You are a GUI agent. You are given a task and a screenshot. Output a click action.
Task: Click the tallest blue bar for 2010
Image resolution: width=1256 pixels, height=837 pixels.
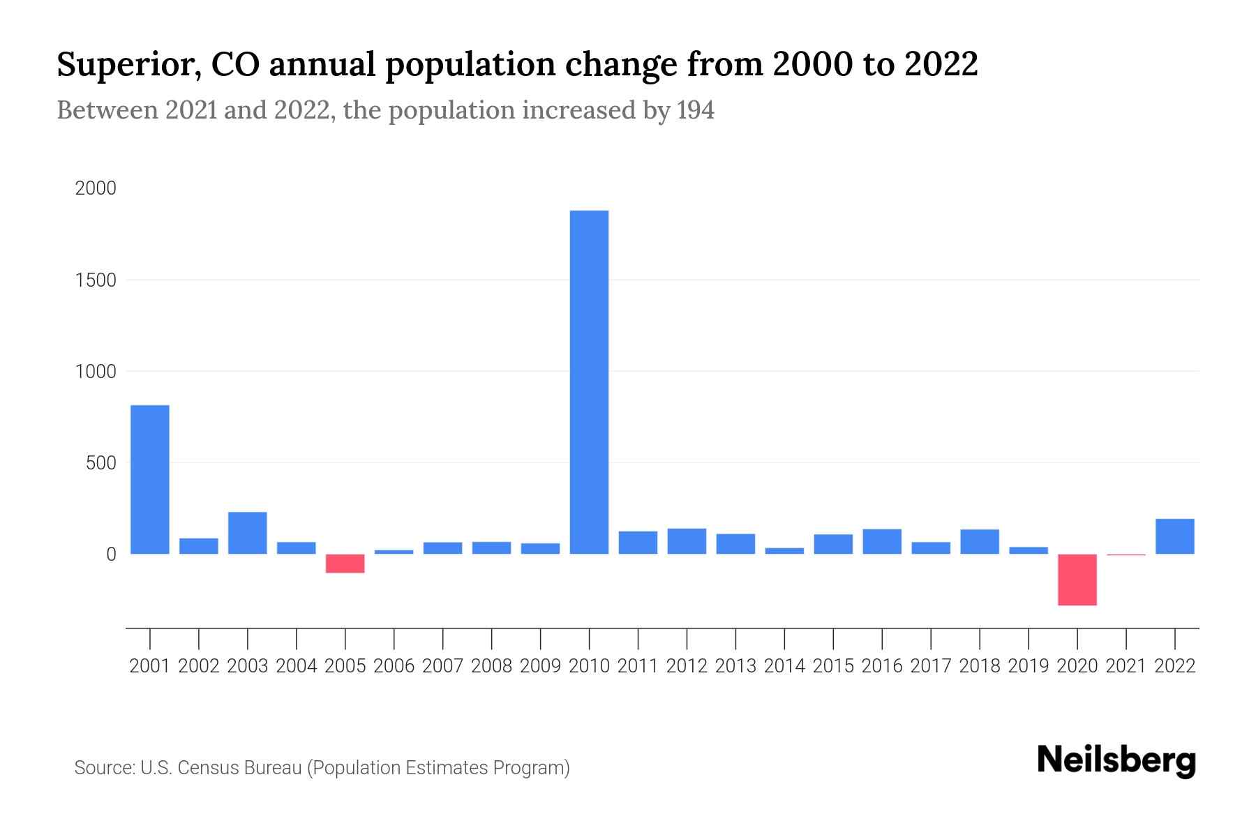pyautogui.click(x=589, y=382)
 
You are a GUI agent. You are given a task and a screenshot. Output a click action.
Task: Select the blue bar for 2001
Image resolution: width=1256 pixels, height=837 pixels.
pyautogui.click(x=150, y=479)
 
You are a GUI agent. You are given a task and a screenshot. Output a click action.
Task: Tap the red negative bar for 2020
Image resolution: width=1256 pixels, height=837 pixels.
pyautogui.click(x=1077, y=580)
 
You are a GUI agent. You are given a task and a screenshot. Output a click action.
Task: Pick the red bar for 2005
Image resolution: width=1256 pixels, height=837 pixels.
pyautogui.click(x=345, y=564)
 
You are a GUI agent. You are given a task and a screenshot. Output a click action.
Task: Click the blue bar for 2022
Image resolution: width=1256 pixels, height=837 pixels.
pyautogui.click(x=1174, y=536)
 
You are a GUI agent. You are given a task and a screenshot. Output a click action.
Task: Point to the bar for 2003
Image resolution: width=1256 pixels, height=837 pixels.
pyautogui.click(x=247, y=533)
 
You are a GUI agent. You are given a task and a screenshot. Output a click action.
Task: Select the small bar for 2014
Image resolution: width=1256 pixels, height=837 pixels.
pyautogui.click(x=784, y=551)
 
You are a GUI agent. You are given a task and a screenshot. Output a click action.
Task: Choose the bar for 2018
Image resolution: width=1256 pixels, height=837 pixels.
pyautogui.click(x=979, y=542)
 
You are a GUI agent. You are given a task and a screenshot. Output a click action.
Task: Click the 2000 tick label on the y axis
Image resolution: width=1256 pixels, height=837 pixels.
pyautogui.click(x=96, y=189)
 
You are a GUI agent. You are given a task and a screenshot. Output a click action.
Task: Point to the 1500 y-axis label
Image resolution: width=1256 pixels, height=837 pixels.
pyautogui.click(x=96, y=280)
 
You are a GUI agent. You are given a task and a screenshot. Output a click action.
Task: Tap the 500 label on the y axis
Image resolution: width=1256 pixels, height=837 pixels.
pyautogui.click(x=101, y=463)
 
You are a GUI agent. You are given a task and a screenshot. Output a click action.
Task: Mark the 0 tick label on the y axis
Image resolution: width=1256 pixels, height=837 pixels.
pyautogui.click(x=110, y=555)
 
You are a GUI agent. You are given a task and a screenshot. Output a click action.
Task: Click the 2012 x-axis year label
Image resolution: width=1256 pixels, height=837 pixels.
pyautogui.click(x=687, y=666)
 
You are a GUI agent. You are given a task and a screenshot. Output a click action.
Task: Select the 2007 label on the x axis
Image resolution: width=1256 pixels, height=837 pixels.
pyautogui.click(x=442, y=666)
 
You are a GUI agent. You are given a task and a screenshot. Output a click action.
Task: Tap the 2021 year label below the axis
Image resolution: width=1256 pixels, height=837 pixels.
pyautogui.click(x=1126, y=666)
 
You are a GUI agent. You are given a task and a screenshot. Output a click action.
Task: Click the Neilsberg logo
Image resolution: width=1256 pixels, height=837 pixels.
pyautogui.click(x=1116, y=760)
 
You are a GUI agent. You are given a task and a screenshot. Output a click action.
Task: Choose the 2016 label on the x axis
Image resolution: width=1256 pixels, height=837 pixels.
pyautogui.click(x=882, y=666)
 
